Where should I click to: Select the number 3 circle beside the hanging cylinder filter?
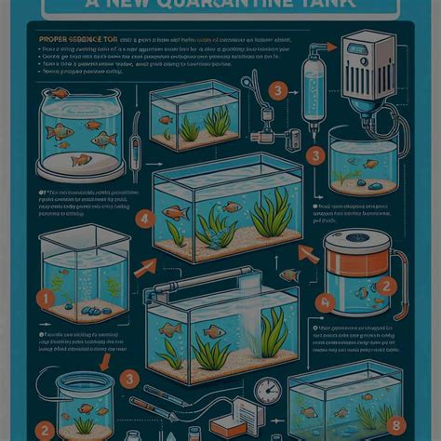pos(275,90)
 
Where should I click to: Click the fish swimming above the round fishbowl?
pos(60,93)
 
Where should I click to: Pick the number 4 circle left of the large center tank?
pos(143,220)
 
